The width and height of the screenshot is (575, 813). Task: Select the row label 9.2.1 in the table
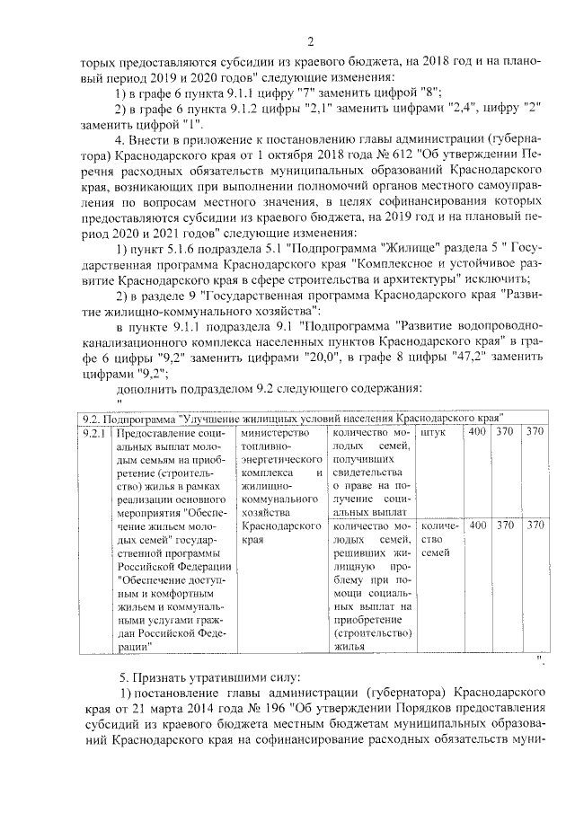tap(93, 433)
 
